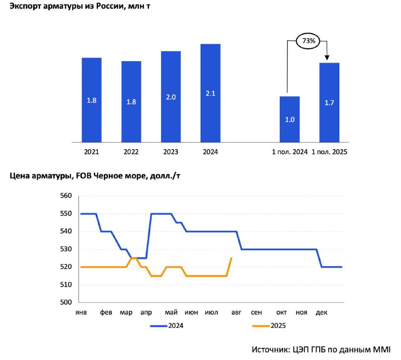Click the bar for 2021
coord(92,100)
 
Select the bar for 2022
coord(131,102)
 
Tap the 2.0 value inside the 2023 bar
coord(171,97)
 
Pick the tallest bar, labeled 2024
coord(211,93)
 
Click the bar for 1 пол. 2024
coord(290,119)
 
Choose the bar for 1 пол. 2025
coord(329,102)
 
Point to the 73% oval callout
coord(308,41)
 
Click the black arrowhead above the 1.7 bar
coord(327,58)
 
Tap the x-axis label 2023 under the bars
coord(170,152)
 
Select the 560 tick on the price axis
coord(66,196)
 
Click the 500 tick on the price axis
coord(66,302)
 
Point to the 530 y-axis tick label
coord(66,249)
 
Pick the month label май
coord(171,312)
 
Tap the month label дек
coord(321,312)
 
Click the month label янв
coord(81,312)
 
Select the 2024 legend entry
coord(167,326)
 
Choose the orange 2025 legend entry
coord(269,326)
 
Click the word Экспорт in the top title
coord(26,7)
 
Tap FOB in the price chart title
coord(84,176)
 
